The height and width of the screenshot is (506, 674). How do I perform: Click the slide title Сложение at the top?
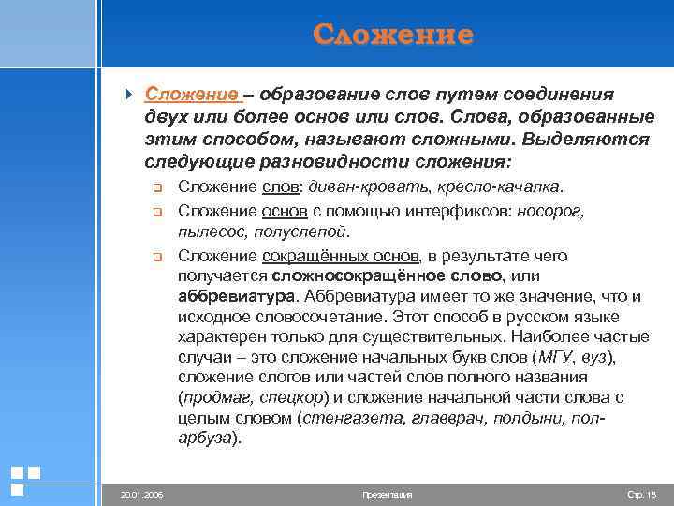click(x=393, y=36)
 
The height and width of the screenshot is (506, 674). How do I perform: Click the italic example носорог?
click(x=552, y=211)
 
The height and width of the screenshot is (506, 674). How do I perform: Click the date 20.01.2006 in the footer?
click(x=139, y=493)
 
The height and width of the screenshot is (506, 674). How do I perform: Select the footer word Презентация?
click(x=387, y=493)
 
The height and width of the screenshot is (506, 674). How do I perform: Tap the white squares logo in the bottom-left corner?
click(x=24, y=479)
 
